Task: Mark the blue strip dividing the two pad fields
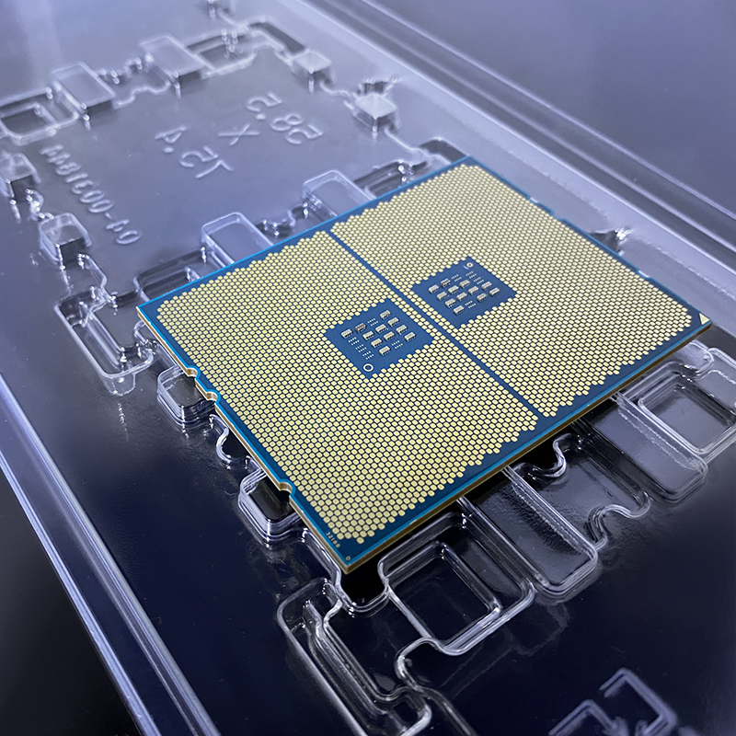point(432,317)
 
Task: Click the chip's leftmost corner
point(139,309)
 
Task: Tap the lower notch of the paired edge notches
point(213,397)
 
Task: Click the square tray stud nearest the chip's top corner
point(375,109)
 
